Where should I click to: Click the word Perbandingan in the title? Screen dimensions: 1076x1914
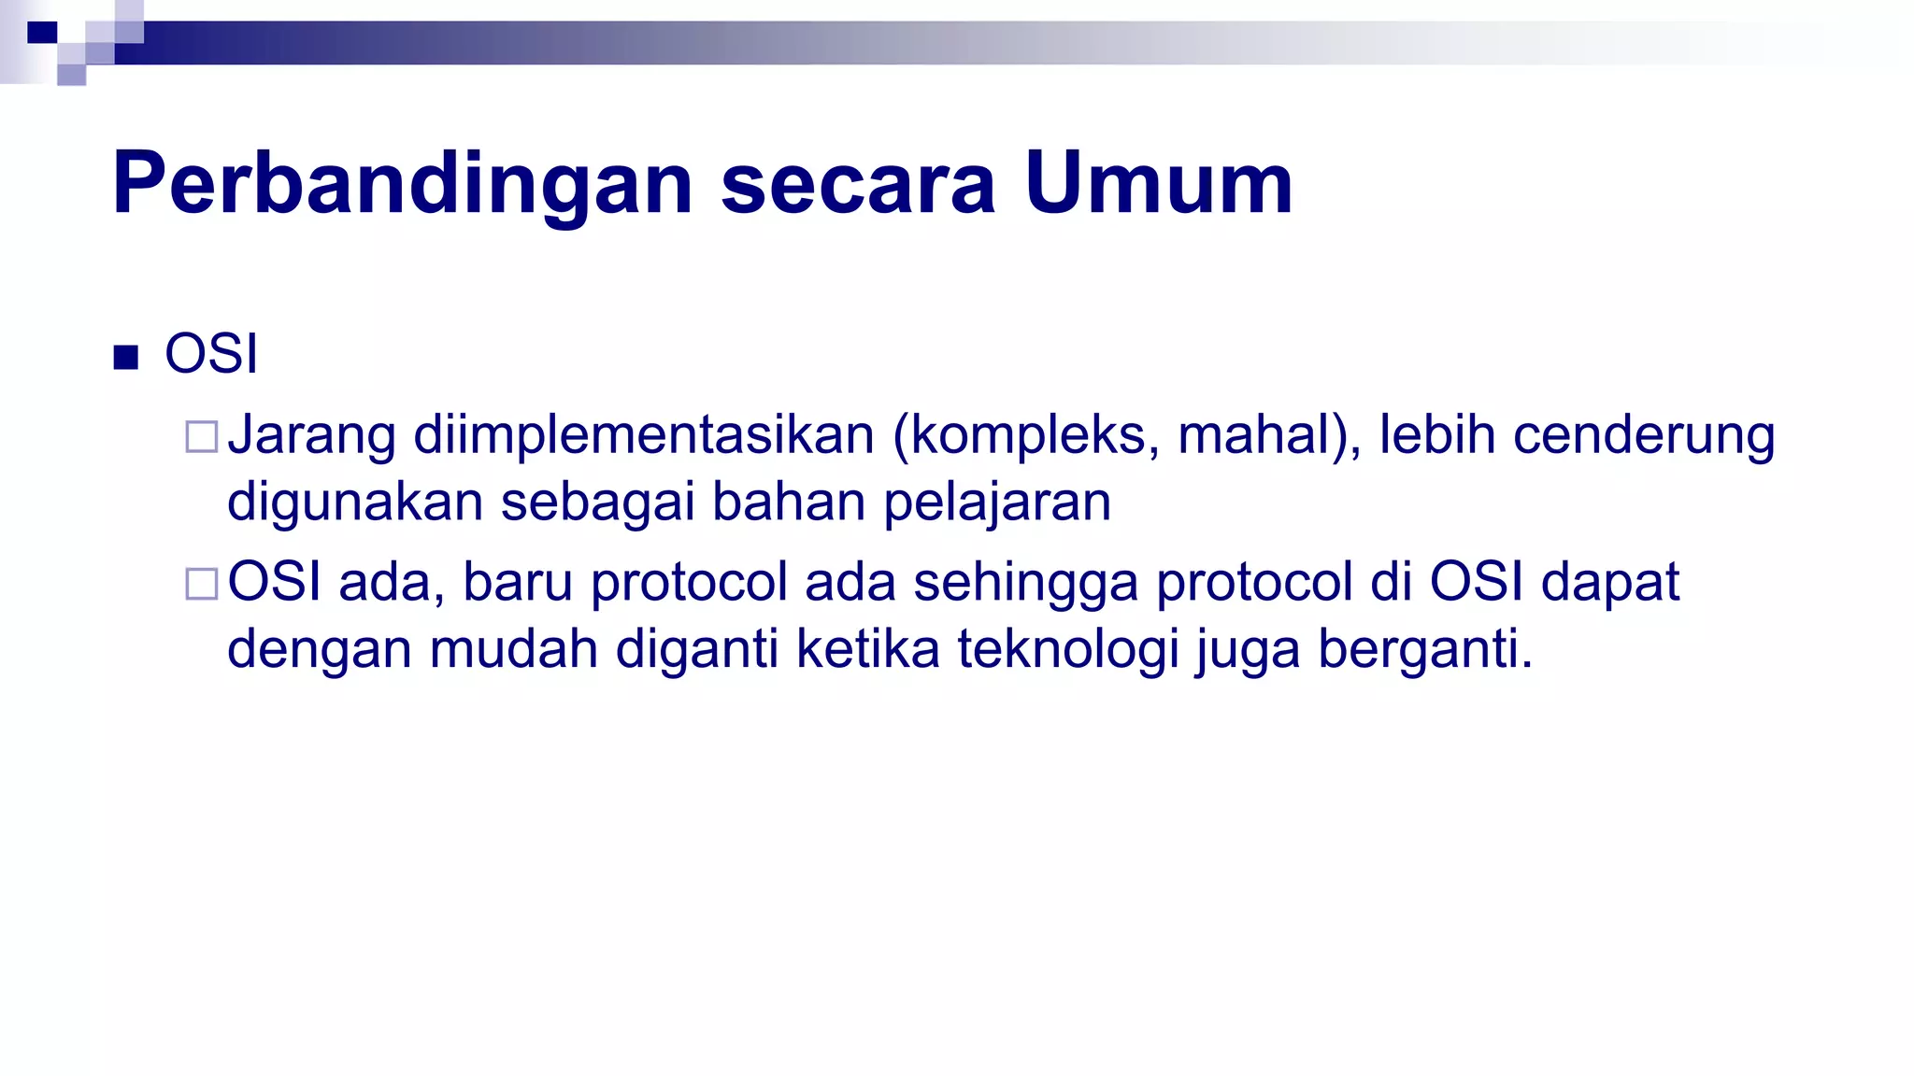tap(402, 184)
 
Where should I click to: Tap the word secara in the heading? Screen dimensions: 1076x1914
tap(858, 184)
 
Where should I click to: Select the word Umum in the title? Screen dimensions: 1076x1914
tap(1158, 184)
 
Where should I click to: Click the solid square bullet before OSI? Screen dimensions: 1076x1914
tap(125, 357)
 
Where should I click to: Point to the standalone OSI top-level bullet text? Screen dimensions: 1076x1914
tap(211, 354)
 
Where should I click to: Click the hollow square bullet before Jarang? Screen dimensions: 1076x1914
tap(202, 437)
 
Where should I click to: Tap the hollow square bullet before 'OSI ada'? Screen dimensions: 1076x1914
tap(202, 584)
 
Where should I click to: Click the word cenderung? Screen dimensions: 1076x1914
tap(1644, 436)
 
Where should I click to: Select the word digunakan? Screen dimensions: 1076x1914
tap(355, 503)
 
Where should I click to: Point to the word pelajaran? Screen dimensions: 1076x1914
tap(997, 503)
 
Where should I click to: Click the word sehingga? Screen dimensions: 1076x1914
tap(1025, 584)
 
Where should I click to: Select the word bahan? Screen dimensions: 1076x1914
tap(789, 502)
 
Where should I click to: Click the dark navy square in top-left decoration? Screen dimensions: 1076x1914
tap(42, 34)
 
